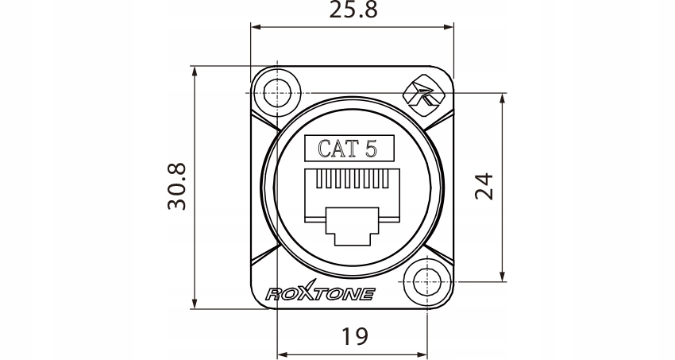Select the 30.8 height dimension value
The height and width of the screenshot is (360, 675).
176,187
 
